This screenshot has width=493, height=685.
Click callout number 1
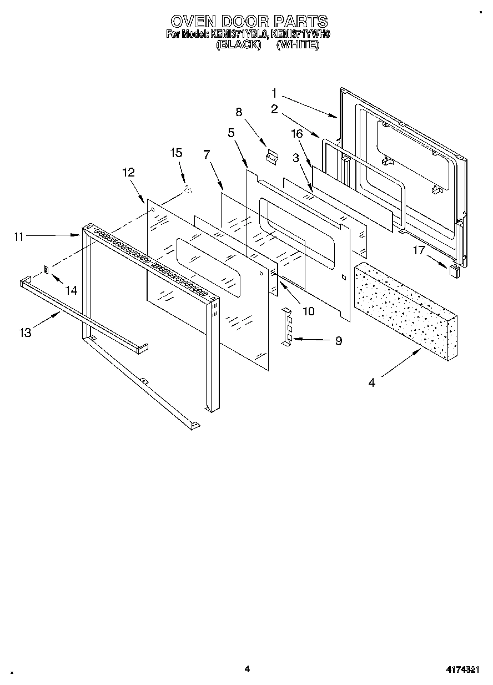pos(274,93)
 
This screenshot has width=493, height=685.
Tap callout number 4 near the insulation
pos(371,382)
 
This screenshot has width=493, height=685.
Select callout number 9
pos(338,340)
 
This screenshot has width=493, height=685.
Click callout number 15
pos(176,153)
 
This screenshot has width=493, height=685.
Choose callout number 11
pos(19,236)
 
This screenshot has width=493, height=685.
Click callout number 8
pos(239,112)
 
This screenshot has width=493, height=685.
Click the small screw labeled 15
pos(188,190)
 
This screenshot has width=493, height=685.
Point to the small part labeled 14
pos(47,270)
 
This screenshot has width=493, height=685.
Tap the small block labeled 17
pos(454,270)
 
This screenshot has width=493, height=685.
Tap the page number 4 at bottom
pos(247,669)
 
